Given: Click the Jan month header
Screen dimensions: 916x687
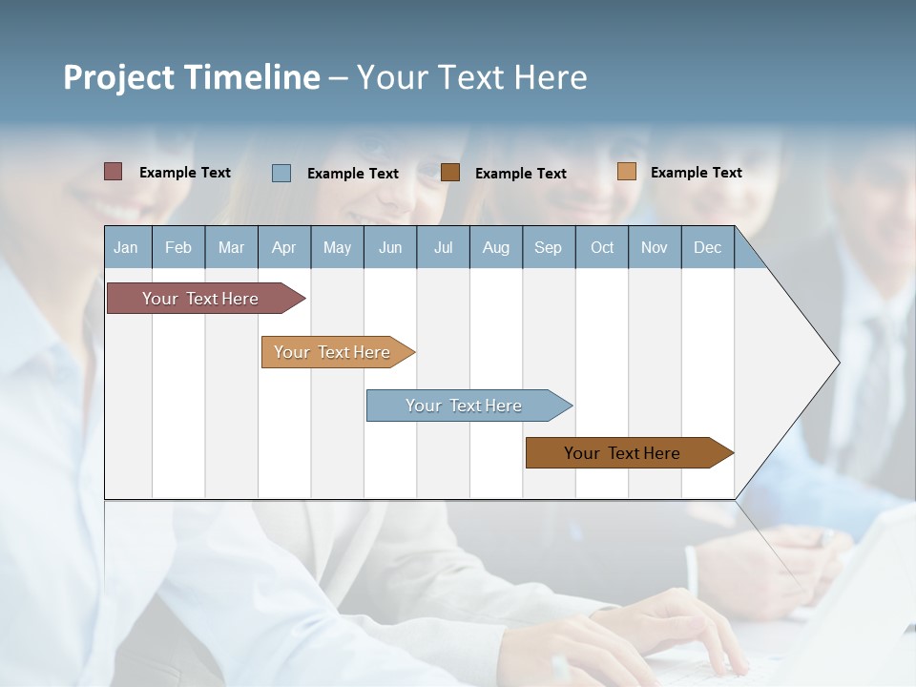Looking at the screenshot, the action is click(127, 247).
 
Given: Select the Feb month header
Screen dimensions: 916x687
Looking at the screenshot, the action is click(178, 247).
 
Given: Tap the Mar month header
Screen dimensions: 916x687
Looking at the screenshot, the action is click(231, 247).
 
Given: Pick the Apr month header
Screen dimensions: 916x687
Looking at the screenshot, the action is click(283, 247).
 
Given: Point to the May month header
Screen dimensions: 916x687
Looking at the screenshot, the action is click(337, 247).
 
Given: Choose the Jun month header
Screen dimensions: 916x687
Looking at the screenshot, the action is click(390, 247).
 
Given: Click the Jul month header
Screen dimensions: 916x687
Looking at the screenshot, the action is click(443, 247).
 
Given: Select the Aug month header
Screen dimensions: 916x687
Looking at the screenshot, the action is click(496, 247).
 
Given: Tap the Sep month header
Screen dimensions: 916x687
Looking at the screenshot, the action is click(549, 247).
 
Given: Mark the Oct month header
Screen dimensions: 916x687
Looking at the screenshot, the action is click(602, 247).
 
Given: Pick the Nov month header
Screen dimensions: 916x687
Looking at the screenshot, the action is click(655, 247).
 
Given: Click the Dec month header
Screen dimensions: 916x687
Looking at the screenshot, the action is click(708, 247).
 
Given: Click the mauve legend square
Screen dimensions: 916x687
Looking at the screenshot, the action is click(114, 172).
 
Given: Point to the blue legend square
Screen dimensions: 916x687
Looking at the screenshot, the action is click(281, 173).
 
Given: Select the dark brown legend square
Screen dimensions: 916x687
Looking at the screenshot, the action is click(450, 172).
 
